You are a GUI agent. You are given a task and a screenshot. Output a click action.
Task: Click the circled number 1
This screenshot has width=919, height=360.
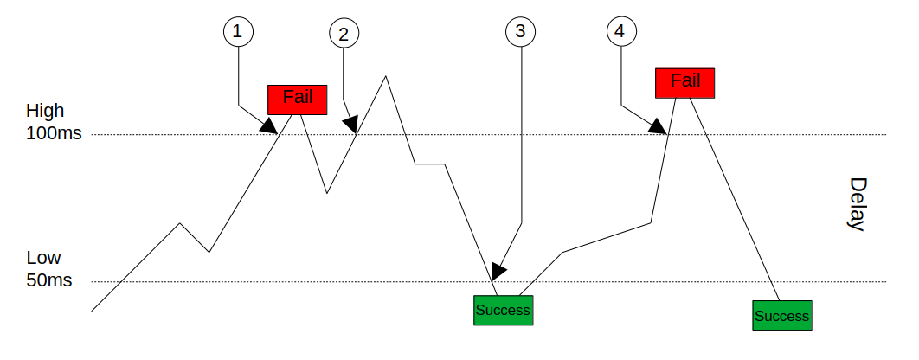click(x=238, y=32)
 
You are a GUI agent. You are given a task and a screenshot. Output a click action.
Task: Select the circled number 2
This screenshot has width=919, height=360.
click(x=344, y=35)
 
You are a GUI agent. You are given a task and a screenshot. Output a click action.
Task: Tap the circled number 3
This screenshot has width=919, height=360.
click(x=520, y=32)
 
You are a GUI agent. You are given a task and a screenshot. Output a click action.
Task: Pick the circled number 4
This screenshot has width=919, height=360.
click(x=618, y=32)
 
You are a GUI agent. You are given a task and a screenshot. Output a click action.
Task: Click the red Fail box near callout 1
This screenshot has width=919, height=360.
click(x=297, y=99)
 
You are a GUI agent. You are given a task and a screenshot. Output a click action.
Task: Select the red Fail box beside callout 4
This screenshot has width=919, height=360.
click(x=685, y=82)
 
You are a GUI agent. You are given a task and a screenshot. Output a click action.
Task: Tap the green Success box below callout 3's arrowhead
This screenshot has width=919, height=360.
click(x=503, y=310)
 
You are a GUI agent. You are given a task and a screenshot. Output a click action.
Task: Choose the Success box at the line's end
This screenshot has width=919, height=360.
click(x=781, y=315)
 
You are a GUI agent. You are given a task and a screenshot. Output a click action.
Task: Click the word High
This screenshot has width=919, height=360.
click(x=45, y=111)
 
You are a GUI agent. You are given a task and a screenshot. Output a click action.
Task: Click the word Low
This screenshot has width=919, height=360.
click(x=43, y=258)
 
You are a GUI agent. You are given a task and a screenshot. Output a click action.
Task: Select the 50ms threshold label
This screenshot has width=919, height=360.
click(x=49, y=281)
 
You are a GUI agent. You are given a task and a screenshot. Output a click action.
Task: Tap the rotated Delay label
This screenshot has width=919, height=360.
click(x=857, y=204)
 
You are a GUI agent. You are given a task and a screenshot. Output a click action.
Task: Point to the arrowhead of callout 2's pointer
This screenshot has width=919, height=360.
click(x=350, y=125)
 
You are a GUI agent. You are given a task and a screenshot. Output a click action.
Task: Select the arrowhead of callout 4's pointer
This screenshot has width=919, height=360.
click(x=659, y=128)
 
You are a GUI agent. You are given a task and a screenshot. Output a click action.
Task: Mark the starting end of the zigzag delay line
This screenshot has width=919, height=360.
click(x=92, y=309)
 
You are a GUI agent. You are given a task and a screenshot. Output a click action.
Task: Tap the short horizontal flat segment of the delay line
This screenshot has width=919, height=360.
click(x=430, y=164)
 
